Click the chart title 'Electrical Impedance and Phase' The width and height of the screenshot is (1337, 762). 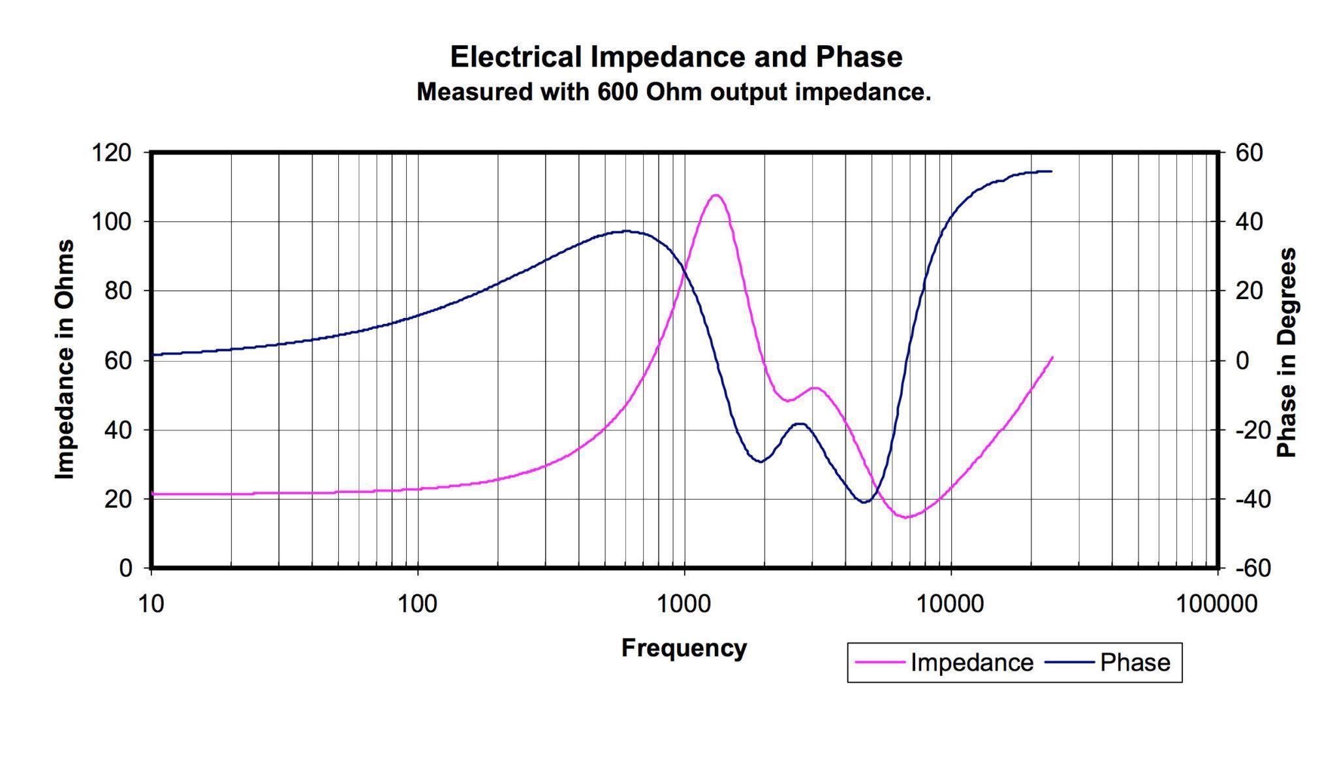676,57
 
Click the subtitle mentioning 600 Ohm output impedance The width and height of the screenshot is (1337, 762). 674,92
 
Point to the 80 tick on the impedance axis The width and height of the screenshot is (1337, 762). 118,291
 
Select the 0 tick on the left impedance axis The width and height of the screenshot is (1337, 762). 125,569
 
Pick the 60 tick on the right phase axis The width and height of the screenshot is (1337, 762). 1249,153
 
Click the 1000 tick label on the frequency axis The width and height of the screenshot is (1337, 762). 684,604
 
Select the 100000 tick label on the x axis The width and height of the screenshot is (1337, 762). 1216,604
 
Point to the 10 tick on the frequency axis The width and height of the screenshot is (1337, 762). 151,604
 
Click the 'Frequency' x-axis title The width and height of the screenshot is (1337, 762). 684,648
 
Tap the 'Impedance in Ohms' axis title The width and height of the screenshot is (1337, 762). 64,360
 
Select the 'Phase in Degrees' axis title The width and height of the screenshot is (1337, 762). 1285,353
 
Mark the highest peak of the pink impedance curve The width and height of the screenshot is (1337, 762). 716,195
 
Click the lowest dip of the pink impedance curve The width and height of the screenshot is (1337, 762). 906,518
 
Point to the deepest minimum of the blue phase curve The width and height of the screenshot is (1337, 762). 864,502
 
